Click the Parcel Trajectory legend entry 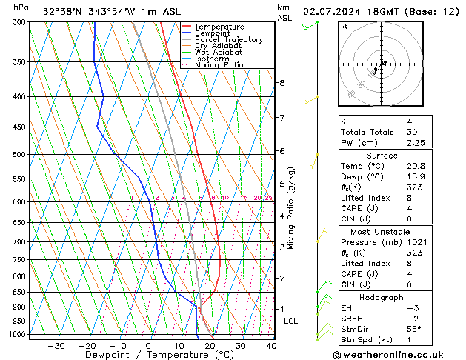228,39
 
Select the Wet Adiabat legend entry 220,52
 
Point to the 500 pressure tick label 19,155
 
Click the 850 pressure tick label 19,292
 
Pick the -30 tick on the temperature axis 56,346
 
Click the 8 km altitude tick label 282,82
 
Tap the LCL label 291,321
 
